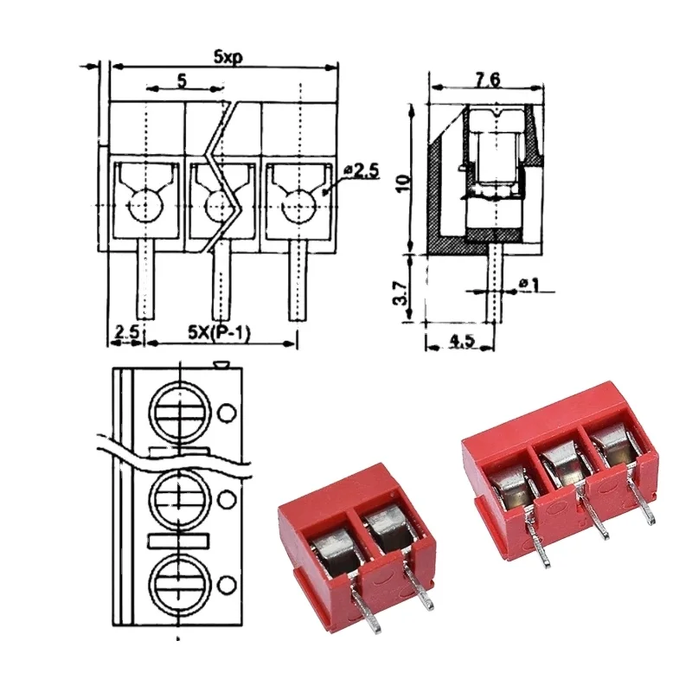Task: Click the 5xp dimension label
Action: pos(227,55)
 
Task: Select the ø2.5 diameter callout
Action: pos(362,171)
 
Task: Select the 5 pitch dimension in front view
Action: pos(182,80)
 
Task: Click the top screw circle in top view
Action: pos(181,413)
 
